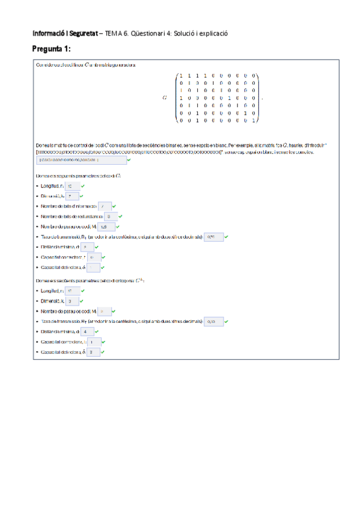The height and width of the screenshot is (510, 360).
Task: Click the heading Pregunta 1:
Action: (52, 48)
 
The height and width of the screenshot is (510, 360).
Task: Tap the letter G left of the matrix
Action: (164, 96)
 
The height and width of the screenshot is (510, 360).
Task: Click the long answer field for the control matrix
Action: (81, 160)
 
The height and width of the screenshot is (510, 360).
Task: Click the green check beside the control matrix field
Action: (130, 160)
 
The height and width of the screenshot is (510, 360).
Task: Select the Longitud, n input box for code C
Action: (70, 186)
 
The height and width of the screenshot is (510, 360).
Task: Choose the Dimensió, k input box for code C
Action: (71, 196)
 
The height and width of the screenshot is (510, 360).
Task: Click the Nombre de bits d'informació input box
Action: (103, 206)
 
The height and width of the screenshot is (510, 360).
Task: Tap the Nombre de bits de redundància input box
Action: (110, 215)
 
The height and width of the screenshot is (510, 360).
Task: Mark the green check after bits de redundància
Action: (121, 215)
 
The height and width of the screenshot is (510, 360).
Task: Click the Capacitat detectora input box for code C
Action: (93, 266)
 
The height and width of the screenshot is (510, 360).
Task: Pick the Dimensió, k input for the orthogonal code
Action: (71, 300)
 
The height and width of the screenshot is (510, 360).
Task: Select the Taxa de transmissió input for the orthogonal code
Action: (213, 321)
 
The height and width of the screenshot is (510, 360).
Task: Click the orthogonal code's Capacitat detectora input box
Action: (93, 352)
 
